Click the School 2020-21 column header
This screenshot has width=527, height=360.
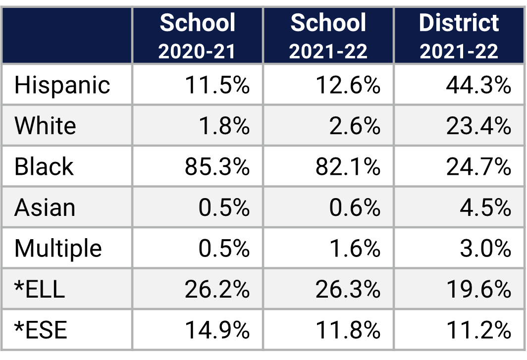(x=198, y=36)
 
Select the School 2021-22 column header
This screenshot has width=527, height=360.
(x=328, y=36)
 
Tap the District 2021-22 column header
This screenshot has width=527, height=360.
(x=459, y=36)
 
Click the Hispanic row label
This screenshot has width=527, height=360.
(x=62, y=85)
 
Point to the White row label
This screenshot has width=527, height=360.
(x=45, y=126)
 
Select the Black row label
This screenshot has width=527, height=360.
(x=44, y=166)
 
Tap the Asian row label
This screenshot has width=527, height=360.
(x=45, y=207)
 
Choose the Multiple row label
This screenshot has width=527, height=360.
(x=58, y=248)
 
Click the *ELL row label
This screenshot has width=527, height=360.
(x=40, y=289)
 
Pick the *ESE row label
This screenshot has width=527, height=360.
(x=41, y=330)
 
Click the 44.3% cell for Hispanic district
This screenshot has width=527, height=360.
(x=478, y=85)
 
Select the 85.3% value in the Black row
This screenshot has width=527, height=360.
(x=217, y=167)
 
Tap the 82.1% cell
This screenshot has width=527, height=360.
(x=348, y=167)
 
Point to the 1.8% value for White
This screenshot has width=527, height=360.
(x=223, y=126)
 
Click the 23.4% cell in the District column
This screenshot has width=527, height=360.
(x=478, y=126)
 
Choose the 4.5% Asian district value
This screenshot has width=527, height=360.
(x=485, y=207)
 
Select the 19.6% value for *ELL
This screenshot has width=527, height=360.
(x=478, y=289)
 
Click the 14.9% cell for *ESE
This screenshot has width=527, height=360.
(x=217, y=330)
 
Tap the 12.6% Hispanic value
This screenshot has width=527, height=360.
(x=348, y=85)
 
